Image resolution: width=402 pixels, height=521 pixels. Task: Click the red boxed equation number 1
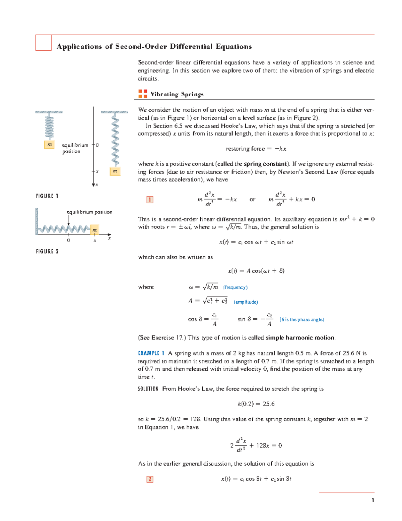pyautogui.click(x=150, y=200)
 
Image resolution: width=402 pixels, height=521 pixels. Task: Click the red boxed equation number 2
pyautogui.click(x=150, y=479)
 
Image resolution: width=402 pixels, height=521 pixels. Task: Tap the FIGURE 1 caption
pyautogui.click(x=47, y=196)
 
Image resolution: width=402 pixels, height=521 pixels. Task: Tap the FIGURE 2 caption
pyautogui.click(x=47, y=251)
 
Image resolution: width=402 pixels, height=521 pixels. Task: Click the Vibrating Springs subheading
pyautogui.click(x=177, y=94)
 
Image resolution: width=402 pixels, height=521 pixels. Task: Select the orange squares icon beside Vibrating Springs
pyautogui.click(x=143, y=94)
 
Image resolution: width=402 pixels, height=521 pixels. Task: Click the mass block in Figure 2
pyautogui.click(x=94, y=230)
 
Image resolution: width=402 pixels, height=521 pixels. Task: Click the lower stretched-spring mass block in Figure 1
pyautogui.click(x=115, y=171)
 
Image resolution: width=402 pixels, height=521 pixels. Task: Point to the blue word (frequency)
pyautogui.click(x=235, y=288)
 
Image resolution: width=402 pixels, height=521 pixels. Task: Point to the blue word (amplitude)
pyautogui.click(x=246, y=302)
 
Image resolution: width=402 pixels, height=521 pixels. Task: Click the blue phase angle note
pyautogui.click(x=302, y=320)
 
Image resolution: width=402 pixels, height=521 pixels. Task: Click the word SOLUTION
pyautogui.click(x=148, y=389)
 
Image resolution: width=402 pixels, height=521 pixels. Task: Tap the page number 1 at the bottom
pyautogui.click(x=373, y=500)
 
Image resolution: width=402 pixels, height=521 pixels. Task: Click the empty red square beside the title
pyautogui.click(x=44, y=43)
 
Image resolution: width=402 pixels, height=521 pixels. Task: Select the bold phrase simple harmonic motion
pyautogui.click(x=300, y=338)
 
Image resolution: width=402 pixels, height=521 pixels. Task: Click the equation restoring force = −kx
pyautogui.click(x=256, y=149)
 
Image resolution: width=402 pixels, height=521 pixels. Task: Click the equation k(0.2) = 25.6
pyautogui.click(x=256, y=404)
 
